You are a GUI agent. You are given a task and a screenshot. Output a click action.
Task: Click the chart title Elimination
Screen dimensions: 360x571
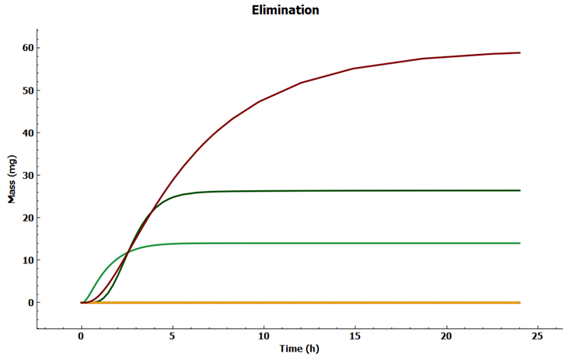(x=285, y=11)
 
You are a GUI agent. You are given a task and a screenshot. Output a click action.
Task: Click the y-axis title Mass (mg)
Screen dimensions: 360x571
(x=11, y=180)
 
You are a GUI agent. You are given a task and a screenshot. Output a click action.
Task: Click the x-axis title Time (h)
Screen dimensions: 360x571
(x=300, y=349)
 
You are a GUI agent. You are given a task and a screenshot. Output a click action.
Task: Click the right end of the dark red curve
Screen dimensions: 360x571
(x=519, y=53)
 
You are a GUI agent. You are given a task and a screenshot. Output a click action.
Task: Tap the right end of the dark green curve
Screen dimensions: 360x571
(x=519, y=190)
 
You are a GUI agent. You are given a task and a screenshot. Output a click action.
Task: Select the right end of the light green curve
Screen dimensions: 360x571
(x=519, y=243)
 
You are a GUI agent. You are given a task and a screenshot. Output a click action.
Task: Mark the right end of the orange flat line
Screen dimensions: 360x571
(x=519, y=302)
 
